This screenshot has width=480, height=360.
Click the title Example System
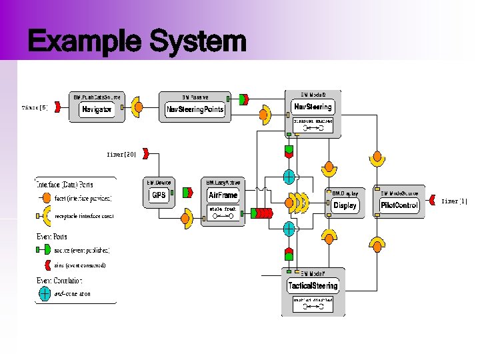(137, 43)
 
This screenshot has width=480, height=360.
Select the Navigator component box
(97, 109)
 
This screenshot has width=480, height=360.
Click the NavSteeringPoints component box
(195, 109)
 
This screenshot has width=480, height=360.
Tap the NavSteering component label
(312, 107)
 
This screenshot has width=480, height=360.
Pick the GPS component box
(159, 195)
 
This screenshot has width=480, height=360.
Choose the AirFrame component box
(223, 195)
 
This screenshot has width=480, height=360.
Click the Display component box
(345, 205)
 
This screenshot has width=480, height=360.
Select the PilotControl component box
(399, 205)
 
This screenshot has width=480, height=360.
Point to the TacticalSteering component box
(313, 286)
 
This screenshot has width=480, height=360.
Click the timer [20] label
(121, 154)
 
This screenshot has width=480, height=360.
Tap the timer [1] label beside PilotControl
(455, 201)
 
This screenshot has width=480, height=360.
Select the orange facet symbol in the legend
(45, 198)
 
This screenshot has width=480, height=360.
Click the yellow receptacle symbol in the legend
(45, 216)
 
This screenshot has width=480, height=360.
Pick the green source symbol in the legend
(44, 249)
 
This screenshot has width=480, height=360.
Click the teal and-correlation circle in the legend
(44, 293)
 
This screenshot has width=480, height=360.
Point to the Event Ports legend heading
(51, 237)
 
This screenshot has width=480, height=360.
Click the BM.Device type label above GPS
(159, 182)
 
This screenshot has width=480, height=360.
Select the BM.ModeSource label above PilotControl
(398, 193)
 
